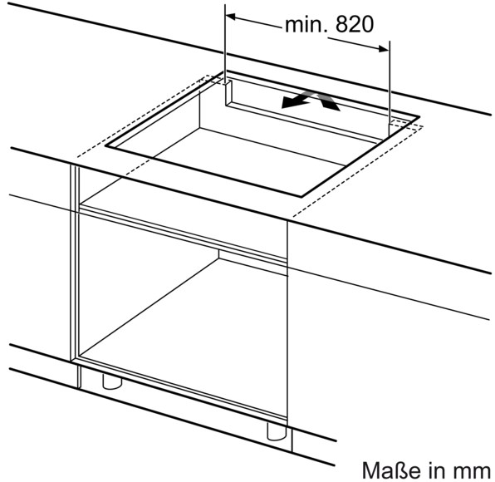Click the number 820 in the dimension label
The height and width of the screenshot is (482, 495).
355,24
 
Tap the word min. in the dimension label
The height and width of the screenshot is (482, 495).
306,25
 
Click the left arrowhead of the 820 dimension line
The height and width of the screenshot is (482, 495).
231,17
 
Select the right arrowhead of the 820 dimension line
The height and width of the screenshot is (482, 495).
383,49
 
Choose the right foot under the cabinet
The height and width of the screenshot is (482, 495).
277,431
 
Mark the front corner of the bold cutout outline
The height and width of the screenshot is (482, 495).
301,196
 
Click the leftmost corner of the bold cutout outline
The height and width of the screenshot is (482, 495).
106,145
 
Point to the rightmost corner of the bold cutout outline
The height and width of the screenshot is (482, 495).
419,117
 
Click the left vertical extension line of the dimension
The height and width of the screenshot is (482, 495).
225,44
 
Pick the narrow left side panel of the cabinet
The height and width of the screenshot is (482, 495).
75,263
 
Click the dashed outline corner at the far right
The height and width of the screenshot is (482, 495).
423,126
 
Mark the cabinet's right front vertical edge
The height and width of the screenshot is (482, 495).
287,320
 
